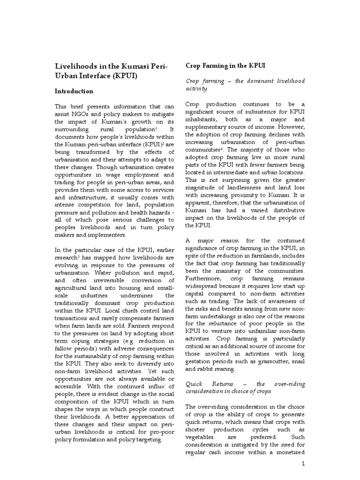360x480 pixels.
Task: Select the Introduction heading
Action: (x=75, y=91)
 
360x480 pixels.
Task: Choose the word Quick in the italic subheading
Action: (x=194, y=383)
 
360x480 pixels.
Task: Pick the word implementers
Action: (x=108, y=234)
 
